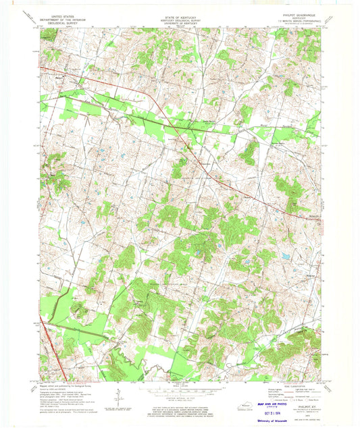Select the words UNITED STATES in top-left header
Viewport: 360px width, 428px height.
59,12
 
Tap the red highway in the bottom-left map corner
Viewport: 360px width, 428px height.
59,368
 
